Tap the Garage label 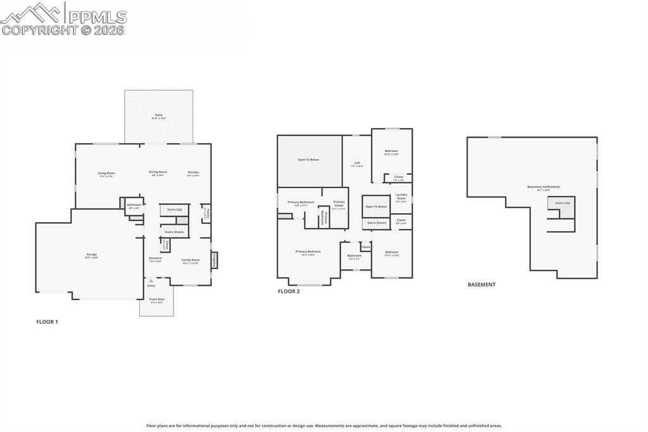tap(92, 255)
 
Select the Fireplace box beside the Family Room tap(214, 260)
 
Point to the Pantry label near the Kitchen tap(206, 213)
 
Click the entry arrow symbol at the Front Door tap(151, 281)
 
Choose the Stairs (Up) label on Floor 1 tap(174, 209)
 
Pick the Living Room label tap(106, 173)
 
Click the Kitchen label tap(193, 173)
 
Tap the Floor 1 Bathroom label tap(134, 205)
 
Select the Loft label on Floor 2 tap(357, 163)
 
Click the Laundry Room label tap(401, 196)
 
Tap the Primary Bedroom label tap(308, 252)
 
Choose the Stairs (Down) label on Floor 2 tap(377, 222)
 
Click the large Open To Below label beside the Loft tap(308, 160)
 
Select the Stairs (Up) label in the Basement tap(563, 203)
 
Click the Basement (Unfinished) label tap(543, 187)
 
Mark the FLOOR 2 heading tap(289, 291)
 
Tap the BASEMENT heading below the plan tap(481, 285)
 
